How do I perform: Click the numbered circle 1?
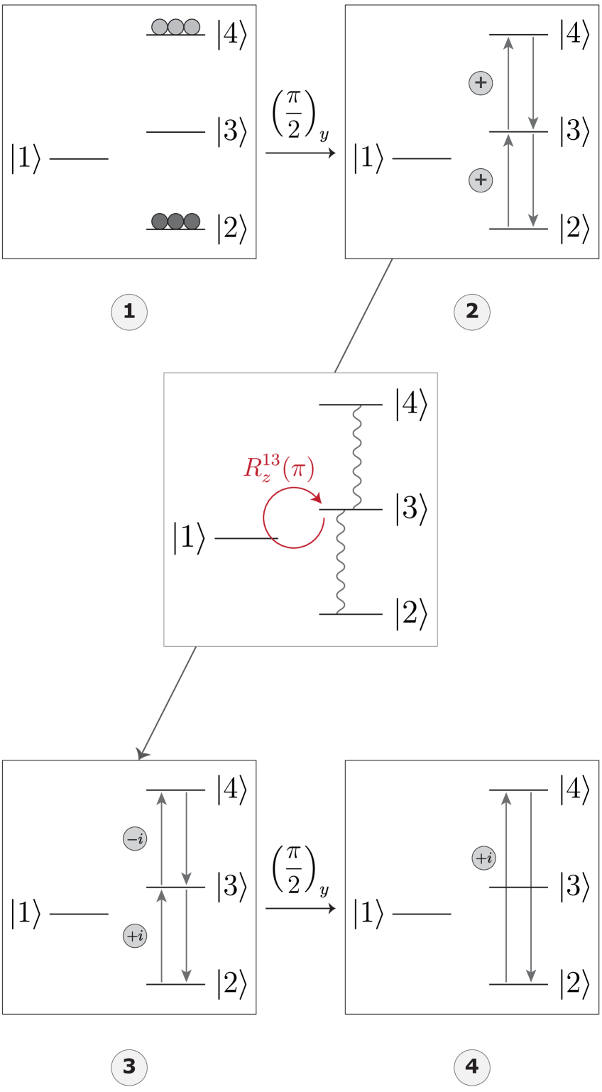(x=129, y=311)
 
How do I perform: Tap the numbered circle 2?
(x=472, y=311)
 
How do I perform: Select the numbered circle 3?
(x=129, y=1066)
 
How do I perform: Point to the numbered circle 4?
(x=472, y=1066)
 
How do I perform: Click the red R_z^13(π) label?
(x=279, y=469)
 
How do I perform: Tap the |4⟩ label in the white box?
(x=411, y=405)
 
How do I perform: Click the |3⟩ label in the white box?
(x=411, y=509)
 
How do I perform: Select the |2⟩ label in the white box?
(x=411, y=614)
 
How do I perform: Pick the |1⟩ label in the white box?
(x=189, y=537)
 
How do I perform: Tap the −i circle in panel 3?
(x=135, y=839)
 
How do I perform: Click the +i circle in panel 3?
(x=135, y=936)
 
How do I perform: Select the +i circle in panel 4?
(x=483, y=858)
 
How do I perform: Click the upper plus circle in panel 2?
(x=481, y=83)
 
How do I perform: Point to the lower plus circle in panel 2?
(x=481, y=180)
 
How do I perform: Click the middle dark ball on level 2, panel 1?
(x=176, y=221)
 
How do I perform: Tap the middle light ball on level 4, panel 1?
(x=175, y=27)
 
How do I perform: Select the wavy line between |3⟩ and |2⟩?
(x=340, y=562)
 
